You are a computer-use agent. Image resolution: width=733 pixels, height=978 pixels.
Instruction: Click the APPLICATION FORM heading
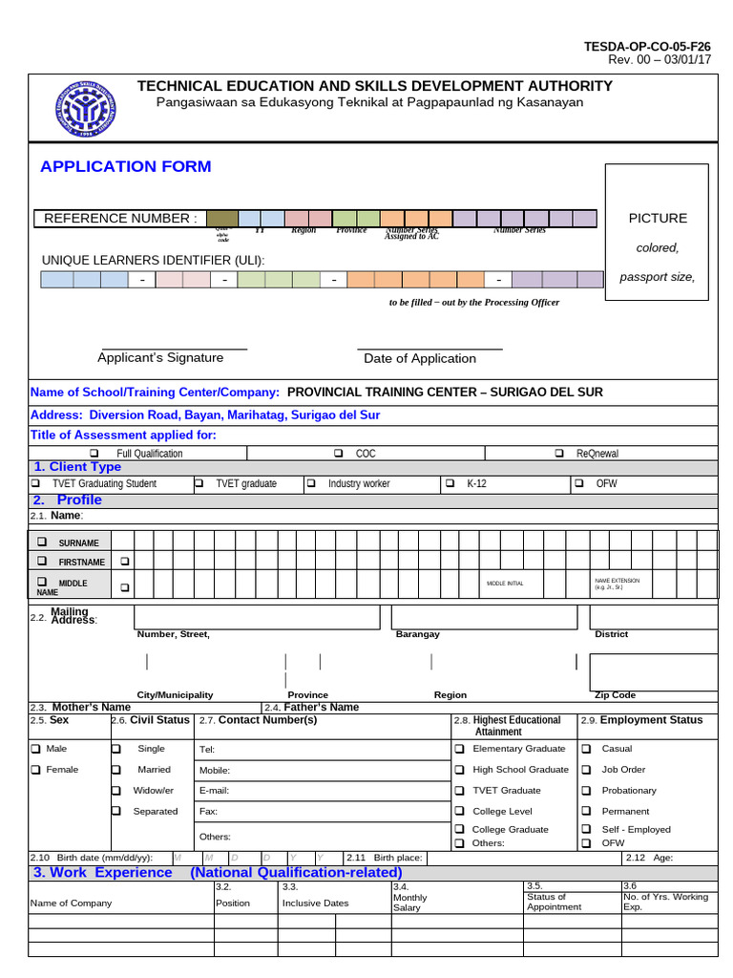click(x=125, y=167)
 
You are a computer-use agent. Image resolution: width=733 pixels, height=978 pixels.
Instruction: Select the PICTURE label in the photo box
click(x=657, y=219)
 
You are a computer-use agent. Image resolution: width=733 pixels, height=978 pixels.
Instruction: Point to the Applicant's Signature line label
click(x=160, y=358)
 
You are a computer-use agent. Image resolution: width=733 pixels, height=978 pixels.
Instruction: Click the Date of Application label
click(x=419, y=359)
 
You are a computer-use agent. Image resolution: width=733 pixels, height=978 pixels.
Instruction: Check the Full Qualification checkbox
click(x=94, y=453)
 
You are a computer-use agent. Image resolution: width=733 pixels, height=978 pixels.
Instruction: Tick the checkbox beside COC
click(x=339, y=453)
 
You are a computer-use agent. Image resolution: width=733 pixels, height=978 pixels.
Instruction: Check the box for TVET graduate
click(x=199, y=483)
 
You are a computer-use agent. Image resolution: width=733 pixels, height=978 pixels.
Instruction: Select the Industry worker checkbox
click(x=311, y=483)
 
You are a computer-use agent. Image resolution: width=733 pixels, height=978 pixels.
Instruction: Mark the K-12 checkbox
click(x=450, y=483)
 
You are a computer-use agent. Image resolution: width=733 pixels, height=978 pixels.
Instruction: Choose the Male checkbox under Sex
click(x=35, y=749)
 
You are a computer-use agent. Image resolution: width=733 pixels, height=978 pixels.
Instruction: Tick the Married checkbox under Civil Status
click(x=115, y=769)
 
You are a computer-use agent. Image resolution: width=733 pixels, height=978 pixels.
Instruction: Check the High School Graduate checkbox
click(x=459, y=769)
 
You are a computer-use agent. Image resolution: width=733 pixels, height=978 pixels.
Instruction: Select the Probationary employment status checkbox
click(x=586, y=790)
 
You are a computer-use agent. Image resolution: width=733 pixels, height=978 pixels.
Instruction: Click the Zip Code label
click(x=616, y=695)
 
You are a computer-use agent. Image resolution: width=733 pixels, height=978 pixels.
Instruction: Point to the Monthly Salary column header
click(x=410, y=903)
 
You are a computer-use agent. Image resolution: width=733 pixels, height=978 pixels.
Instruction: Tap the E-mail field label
click(x=214, y=791)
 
